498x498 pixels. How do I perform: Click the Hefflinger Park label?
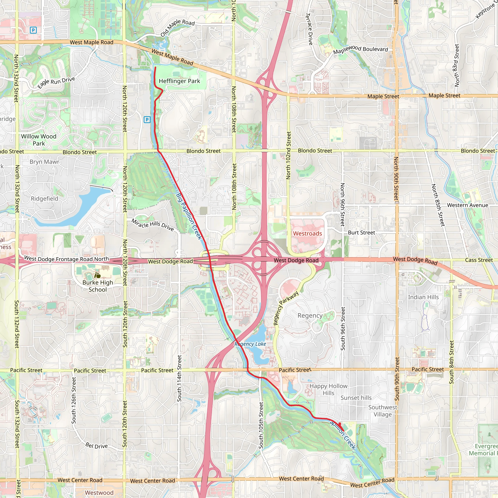[179, 81]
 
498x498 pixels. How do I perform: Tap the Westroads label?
[308, 233]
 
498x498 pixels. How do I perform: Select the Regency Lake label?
[250, 344]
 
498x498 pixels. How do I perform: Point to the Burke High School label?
[98, 286]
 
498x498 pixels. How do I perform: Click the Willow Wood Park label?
[39, 140]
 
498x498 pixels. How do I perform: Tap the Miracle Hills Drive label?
[153, 224]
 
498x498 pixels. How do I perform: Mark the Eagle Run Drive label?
[56, 82]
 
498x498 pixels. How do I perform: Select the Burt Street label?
[361, 232]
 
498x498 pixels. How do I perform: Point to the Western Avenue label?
[468, 205]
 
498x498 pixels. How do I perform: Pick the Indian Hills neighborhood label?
[423, 297]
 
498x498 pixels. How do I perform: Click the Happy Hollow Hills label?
[328, 390]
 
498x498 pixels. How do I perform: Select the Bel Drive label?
[97, 446]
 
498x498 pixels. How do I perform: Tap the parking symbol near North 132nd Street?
[33, 30]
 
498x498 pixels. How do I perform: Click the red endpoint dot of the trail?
[339, 424]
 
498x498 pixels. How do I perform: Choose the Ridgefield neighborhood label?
[44, 199]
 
